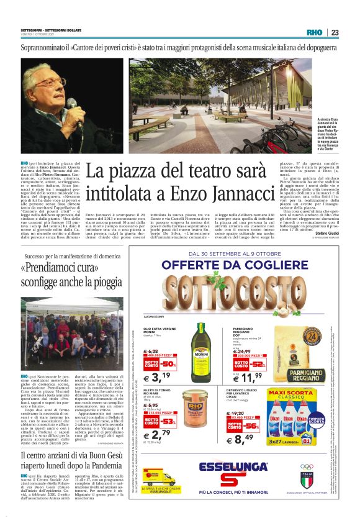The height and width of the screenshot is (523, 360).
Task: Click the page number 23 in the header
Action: [x=335, y=33]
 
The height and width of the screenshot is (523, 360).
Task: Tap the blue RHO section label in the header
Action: [x=315, y=33]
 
